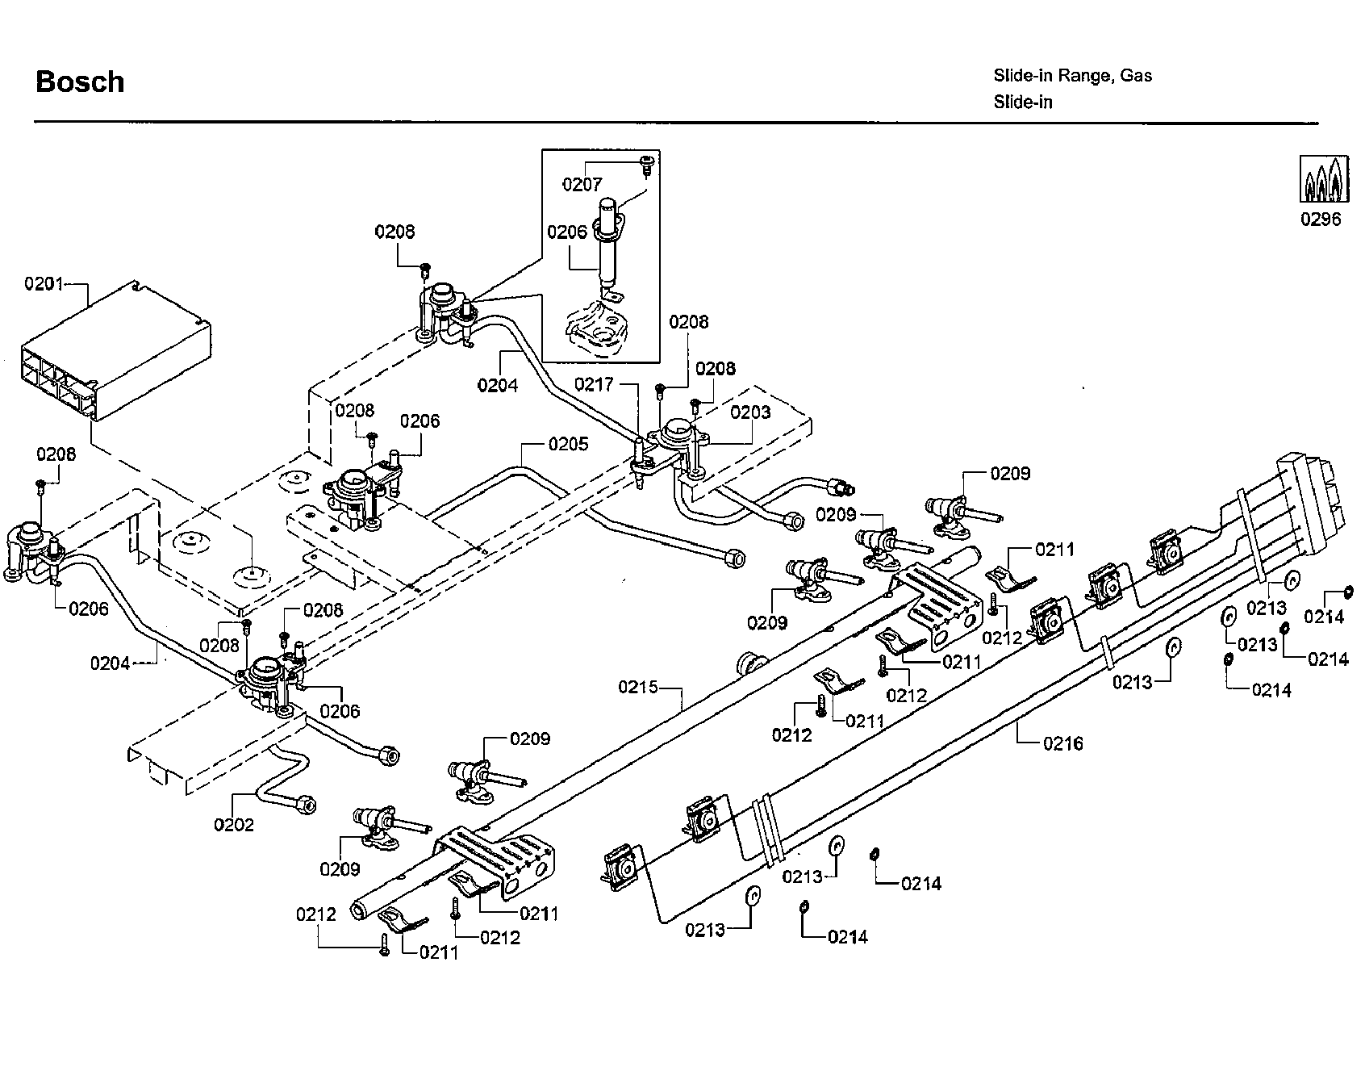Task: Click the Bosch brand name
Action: pyautogui.click(x=80, y=82)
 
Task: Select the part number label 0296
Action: pyautogui.click(x=1321, y=220)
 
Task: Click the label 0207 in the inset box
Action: pyautogui.click(x=582, y=185)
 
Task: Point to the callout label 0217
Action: pyautogui.click(x=594, y=384)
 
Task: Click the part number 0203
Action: pyautogui.click(x=750, y=412)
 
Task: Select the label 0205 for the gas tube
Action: pyautogui.click(x=568, y=444)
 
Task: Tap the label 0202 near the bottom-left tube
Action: pyautogui.click(x=234, y=825)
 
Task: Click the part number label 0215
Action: pyautogui.click(x=639, y=688)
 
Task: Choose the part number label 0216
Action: pyautogui.click(x=1063, y=743)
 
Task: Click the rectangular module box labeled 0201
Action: pyautogui.click(x=113, y=355)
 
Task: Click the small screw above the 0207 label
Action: pyautogui.click(x=645, y=163)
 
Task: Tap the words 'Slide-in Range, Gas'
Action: pyautogui.click(x=1072, y=76)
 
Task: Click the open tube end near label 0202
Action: pyautogui.click(x=306, y=805)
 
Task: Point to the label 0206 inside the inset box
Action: pyautogui.click(x=567, y=232)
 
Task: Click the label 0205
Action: pyautogui.click(x=568, y=444)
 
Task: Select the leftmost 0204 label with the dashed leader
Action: pyautogui.click(x=111, y=663)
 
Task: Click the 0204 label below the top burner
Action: pyautogui.click(x=497, y=385)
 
